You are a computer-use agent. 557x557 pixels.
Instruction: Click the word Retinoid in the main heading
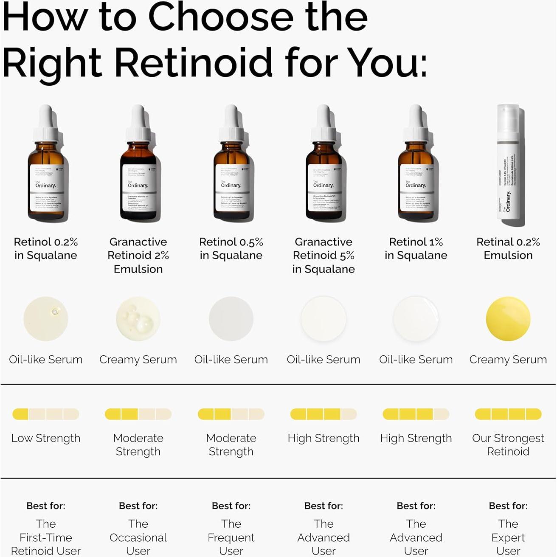193,62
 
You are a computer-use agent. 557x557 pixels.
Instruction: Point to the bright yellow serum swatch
508,319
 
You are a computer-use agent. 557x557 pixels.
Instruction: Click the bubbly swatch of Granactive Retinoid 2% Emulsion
138,319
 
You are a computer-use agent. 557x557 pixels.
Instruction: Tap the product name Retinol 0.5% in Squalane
231,248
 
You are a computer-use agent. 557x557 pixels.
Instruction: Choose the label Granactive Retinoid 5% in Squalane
324,255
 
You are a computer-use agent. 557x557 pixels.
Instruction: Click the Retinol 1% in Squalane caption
416,248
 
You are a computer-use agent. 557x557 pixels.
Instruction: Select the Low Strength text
46,438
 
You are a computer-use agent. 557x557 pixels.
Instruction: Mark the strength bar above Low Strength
46,414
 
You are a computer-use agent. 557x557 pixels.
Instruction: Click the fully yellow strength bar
508,414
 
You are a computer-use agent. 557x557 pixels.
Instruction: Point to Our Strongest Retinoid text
508,444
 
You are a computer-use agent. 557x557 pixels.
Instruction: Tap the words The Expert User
508,537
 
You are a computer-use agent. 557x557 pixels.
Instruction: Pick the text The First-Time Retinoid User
46,537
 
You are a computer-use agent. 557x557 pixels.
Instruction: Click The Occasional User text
138,537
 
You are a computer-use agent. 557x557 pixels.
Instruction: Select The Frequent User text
231,537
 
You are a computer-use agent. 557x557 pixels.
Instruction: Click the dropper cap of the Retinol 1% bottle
416,123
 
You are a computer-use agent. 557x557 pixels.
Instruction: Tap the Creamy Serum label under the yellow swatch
508,360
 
